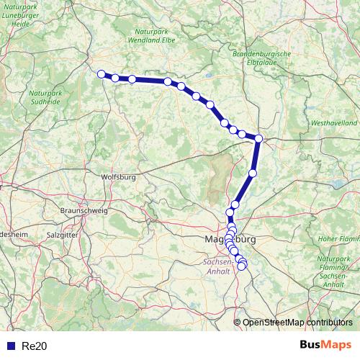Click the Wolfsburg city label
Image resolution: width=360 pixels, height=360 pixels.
coord(120,176)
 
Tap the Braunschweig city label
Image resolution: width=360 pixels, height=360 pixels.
coord(84,210)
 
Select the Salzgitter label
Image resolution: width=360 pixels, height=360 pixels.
coord(62,235)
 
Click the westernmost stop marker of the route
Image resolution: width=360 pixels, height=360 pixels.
coord(102,73)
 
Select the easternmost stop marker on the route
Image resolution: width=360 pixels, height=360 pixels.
coord(258,139)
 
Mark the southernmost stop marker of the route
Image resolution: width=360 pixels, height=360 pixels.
coord(242,266)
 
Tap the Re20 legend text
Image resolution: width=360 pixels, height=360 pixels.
coord(35,346)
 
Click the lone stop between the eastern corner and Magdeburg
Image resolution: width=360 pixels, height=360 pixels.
coord(253,173)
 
